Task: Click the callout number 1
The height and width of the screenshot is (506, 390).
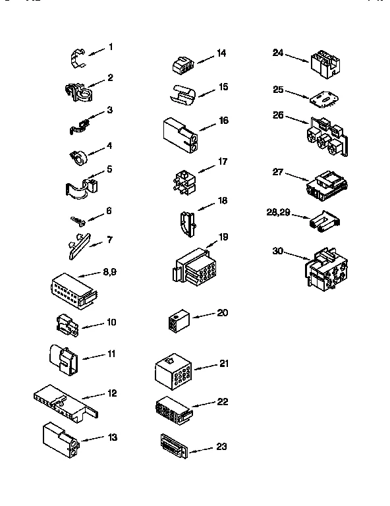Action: (111, 47)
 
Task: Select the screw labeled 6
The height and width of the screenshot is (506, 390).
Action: (78, 219)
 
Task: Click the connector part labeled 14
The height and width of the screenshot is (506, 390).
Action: (181, 64)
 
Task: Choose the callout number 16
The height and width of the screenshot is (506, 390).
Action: (223, 121)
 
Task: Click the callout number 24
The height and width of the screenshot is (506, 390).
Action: (279, 53)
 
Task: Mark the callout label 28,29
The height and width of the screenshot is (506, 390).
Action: (277, 211)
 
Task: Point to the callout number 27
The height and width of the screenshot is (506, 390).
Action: (278, 172)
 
